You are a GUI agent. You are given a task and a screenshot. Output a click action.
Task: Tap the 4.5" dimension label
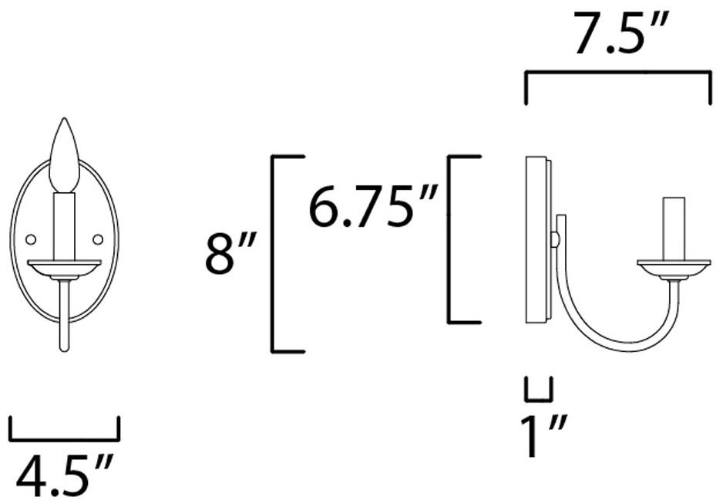(65, 476)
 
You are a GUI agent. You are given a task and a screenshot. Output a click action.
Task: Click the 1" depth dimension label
(540, 438)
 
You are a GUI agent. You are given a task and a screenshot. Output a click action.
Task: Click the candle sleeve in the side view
(674, 228)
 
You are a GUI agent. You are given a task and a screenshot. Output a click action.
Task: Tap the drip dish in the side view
(674, 267)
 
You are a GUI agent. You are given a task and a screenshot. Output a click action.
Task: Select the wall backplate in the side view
(537, 239)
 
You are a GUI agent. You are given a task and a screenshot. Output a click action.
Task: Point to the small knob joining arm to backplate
(554, 240)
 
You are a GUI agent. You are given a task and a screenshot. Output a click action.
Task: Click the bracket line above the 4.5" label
(65, 439)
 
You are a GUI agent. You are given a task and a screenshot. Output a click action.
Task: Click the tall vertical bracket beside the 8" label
(274, 254)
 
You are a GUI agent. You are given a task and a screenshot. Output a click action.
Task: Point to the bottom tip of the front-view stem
(64, 349)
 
